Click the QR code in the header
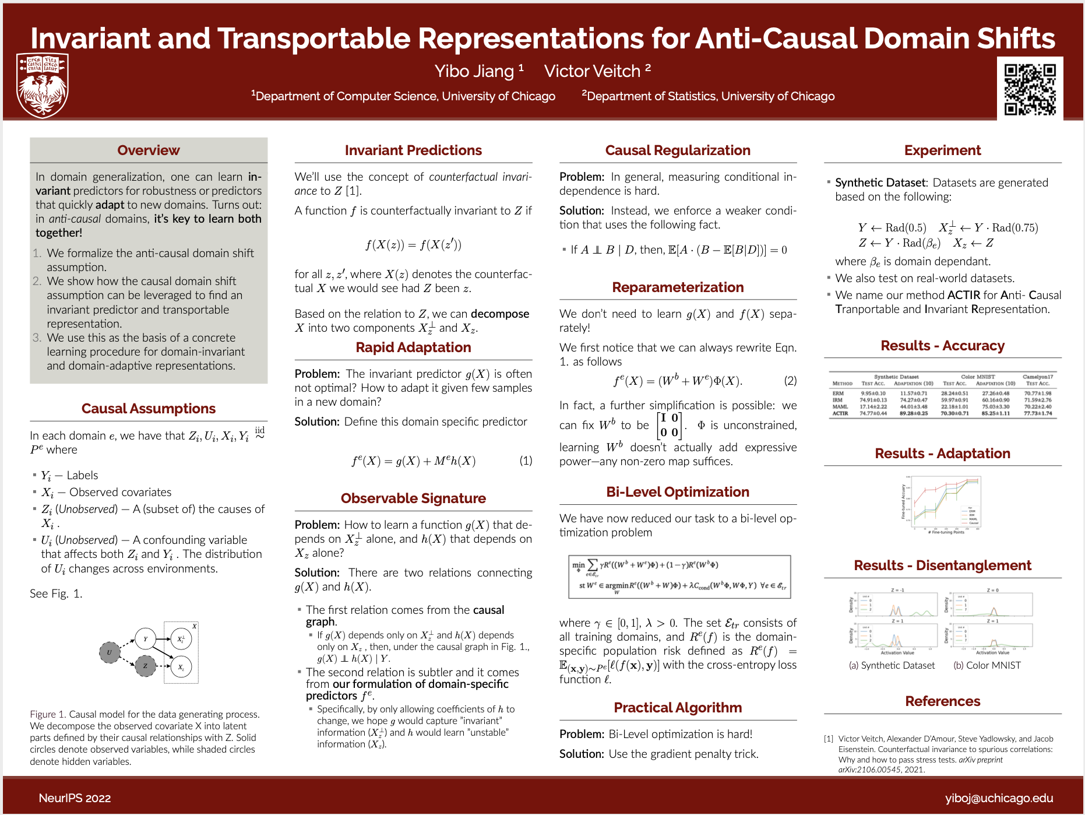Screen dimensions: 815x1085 coord(1030,89)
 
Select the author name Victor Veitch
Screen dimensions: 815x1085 coord(592,71)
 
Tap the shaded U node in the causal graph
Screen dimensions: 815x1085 coord(109,652)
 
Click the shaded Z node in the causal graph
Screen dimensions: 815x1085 coord(145,666)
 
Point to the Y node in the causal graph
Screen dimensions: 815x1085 coord(145,639)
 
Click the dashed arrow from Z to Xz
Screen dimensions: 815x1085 coord(164,666)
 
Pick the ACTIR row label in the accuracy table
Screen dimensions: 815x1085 coord(840,413)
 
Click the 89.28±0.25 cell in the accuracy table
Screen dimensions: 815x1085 coord(913,413)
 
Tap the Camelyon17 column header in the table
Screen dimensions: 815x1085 coord(1037,377)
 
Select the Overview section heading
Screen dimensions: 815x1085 coord(149,150)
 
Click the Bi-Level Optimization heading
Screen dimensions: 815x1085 coord(677,492)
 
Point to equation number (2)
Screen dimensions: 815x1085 coord(790,381)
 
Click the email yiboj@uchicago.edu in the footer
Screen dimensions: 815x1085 coord(999,798)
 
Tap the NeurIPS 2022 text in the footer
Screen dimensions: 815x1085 coord(75,798)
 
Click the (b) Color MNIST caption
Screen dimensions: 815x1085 coord(987,665)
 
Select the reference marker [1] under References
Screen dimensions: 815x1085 coord(828,739)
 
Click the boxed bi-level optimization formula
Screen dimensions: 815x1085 coord(679,577)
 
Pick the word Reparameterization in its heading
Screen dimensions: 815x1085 coord(678,287)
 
